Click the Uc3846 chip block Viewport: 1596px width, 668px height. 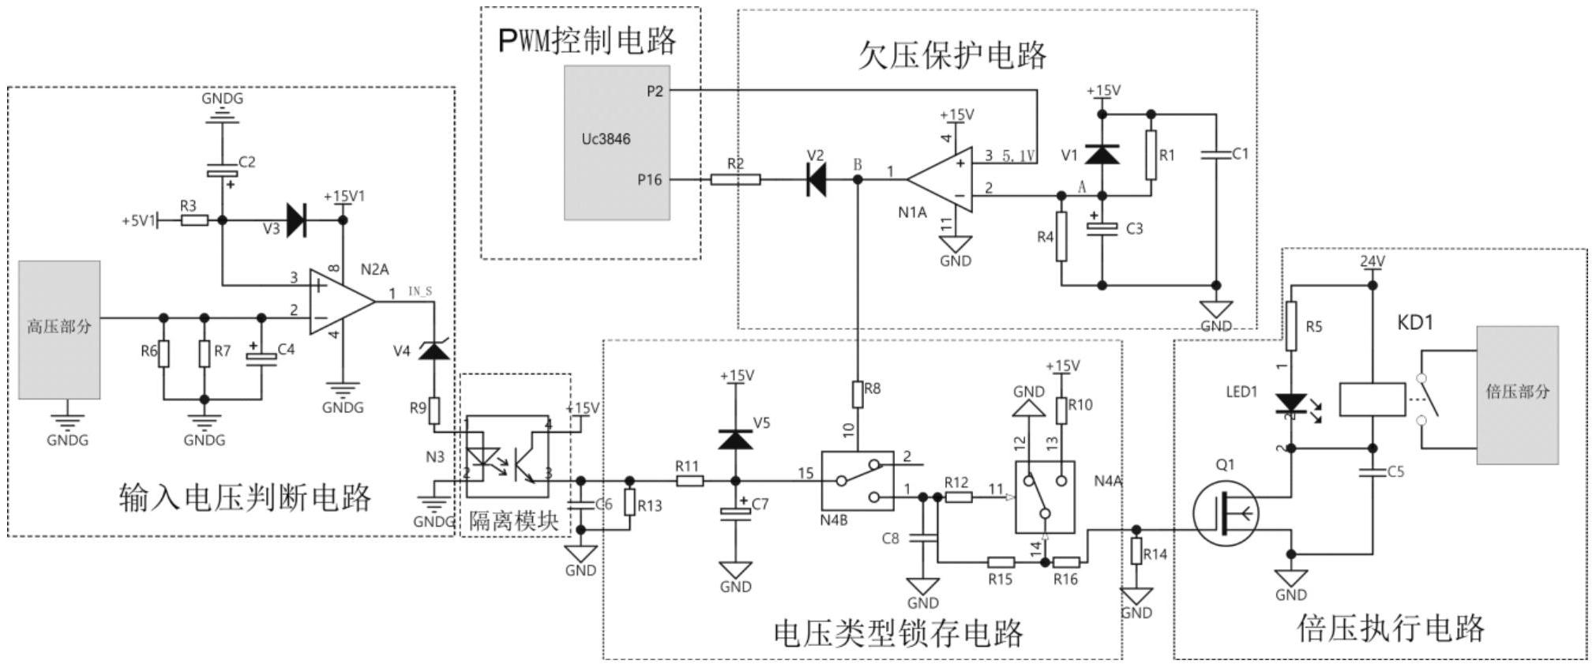617,142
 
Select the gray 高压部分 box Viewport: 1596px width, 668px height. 60,329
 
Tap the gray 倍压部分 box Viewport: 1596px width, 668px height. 1517,394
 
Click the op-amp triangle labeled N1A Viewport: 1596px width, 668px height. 941,179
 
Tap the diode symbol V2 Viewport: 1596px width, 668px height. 816,180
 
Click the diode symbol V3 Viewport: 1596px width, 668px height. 296,220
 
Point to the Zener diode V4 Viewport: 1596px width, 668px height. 434,351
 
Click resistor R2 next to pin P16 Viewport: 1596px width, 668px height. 735,180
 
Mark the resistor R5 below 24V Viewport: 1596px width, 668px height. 1290,326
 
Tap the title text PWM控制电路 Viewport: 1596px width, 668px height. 588,41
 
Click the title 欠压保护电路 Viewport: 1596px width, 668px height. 952,55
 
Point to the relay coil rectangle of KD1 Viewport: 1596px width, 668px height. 1373,400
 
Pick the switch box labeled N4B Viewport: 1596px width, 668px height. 857,481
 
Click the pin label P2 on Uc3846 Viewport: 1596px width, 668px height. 655,92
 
